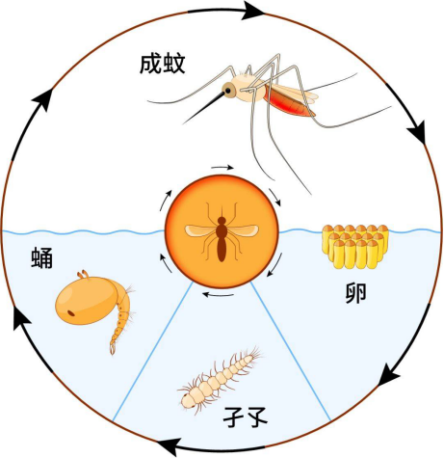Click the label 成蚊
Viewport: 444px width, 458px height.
(x=163, y=65)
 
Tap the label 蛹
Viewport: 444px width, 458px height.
(x=41, y=258)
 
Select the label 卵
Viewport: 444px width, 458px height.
(x=355, y=293)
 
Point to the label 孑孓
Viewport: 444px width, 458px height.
(x=246, y=418)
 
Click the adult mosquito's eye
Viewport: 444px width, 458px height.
(x=227, y=91)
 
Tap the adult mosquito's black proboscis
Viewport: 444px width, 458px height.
(x=204, y=108)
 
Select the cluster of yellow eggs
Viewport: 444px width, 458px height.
(x=355, y=247)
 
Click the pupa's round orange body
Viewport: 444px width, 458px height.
(x=86, y=300)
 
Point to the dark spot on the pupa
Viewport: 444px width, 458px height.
(x=71, y=313)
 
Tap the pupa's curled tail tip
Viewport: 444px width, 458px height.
(x=113, y=349)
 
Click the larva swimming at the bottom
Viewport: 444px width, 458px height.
(x=221, y=379)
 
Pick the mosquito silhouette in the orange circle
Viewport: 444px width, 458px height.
(x=222, y=232)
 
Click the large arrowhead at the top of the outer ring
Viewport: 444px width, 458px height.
(x=253, y=11)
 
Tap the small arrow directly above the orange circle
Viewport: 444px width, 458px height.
(x=222, y=168)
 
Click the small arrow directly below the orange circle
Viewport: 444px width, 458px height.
(x=219, y=294)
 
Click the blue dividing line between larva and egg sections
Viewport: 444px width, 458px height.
(x=291, y=351)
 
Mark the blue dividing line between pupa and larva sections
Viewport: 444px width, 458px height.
(x=153, y=351)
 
